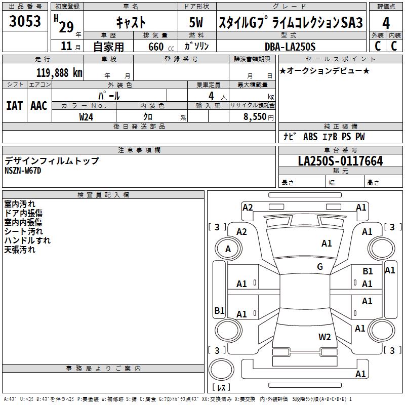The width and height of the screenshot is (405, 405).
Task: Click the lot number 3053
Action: [x=25, y=22]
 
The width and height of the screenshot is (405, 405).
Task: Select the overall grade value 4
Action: [x=386, y=23]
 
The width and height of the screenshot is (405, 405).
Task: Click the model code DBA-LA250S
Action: [x=290, y=47]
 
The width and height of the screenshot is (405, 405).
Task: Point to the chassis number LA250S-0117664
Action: [x=340, y=161]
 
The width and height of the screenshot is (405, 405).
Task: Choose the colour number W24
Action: [x=87, y=116]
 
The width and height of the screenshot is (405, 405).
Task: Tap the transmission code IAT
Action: [x=14, y=105]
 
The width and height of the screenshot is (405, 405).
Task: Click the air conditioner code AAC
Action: [x=39, y=105]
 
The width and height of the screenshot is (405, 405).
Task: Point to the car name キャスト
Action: [x=131, y=22]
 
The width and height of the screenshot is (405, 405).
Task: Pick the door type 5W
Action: [x=197, y=23]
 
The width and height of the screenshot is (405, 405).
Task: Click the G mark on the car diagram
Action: [x=319, y=267]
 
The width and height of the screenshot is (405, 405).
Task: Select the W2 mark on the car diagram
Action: [x=324, y=337]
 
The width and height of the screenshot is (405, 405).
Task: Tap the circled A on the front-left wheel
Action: [x=228, y=249]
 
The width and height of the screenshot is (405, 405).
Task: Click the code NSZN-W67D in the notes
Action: [x=23, y=170]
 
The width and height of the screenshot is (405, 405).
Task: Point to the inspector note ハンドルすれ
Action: [x=27, y=240]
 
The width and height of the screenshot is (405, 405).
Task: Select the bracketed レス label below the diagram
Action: [x=221, y=388]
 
